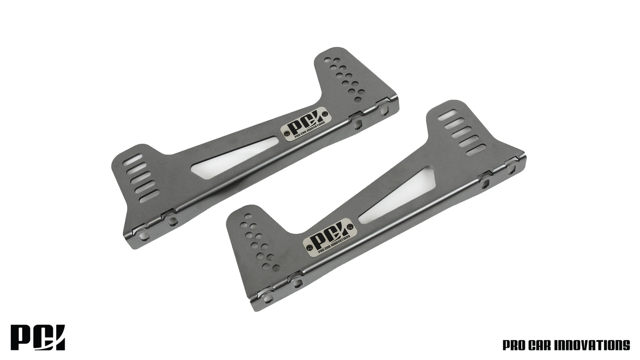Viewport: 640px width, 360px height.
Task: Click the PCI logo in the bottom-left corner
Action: point(38,337)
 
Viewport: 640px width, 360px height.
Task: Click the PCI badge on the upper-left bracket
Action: point(306,124)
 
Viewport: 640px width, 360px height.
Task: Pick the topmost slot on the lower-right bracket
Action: point(447,115)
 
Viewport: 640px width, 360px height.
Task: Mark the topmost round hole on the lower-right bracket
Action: point(248,216)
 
